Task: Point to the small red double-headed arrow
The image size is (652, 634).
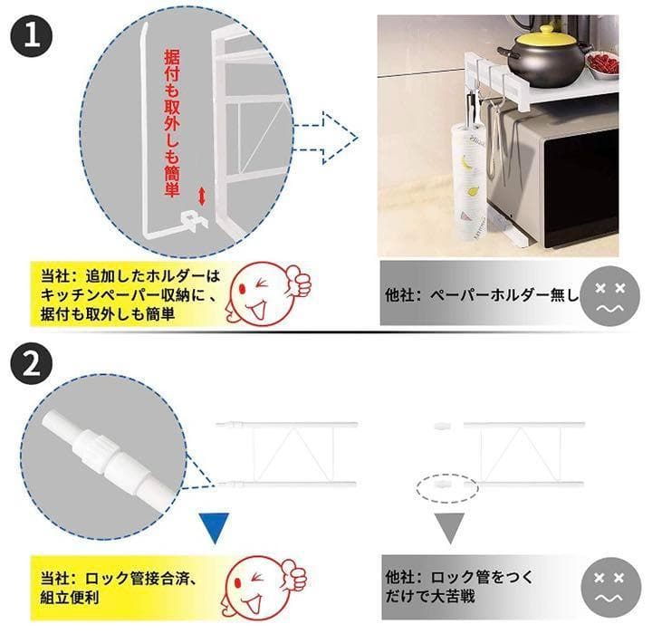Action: click(x=201, y=196)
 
